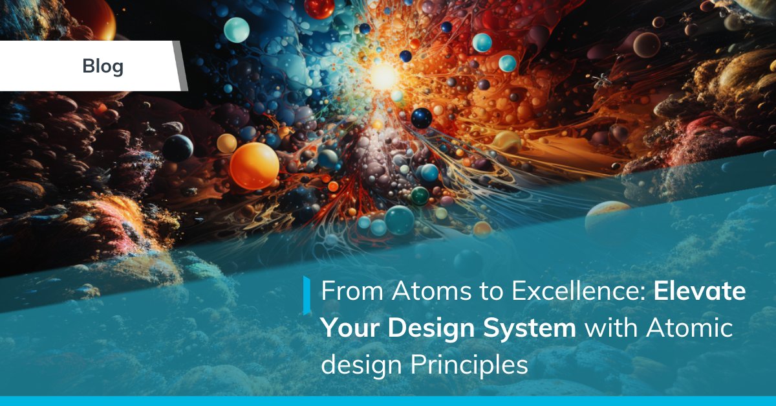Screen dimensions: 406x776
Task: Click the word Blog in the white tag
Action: [103, 66]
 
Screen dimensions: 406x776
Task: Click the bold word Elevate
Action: [700, 292]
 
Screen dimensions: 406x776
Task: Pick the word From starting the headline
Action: [352, 292]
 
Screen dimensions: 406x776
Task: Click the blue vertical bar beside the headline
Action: [307, 295]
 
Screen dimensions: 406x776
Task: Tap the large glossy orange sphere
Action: [254, 166]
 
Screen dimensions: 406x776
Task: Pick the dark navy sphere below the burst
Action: [422, 118]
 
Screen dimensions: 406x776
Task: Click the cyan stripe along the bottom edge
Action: [388, 401]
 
